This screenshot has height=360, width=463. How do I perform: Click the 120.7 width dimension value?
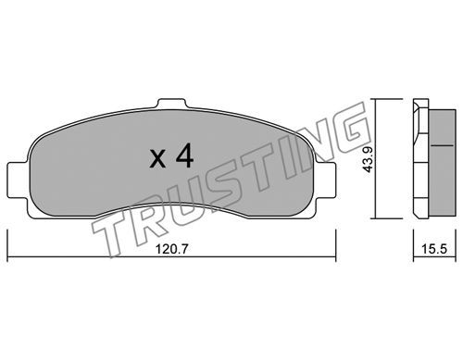click(x=171, y=249)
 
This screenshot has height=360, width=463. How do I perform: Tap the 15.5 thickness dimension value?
click(x=434, y=249)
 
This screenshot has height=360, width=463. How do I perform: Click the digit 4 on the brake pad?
click(x=184, y=156)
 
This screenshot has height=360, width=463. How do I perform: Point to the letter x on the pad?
click(x=157, y=159)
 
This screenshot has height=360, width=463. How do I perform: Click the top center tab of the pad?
click(x=171, y=104)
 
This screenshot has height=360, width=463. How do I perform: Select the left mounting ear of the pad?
click(x=18, y=180)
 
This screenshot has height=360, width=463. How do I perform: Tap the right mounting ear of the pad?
click(x=325, y=180)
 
